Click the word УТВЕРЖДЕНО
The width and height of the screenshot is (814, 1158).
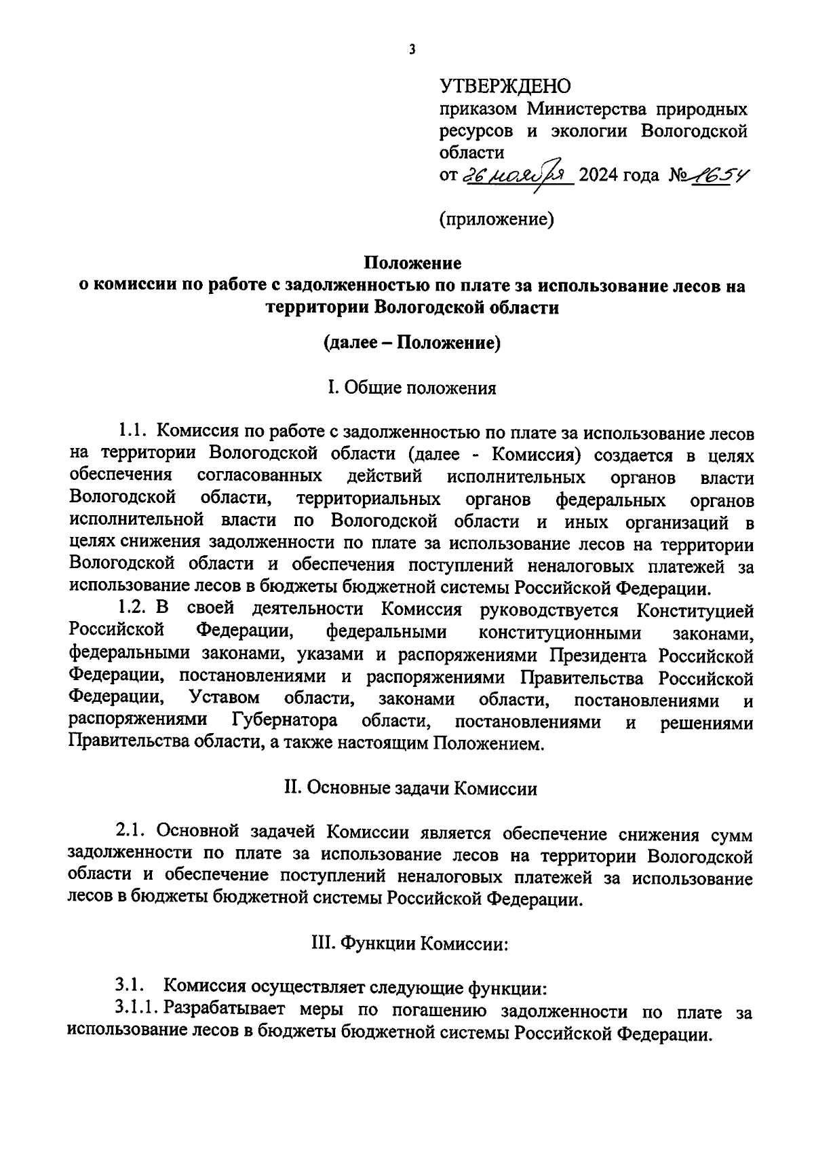click(x=505, y=86)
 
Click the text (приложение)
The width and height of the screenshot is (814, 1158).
click(x=497, y=219)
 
